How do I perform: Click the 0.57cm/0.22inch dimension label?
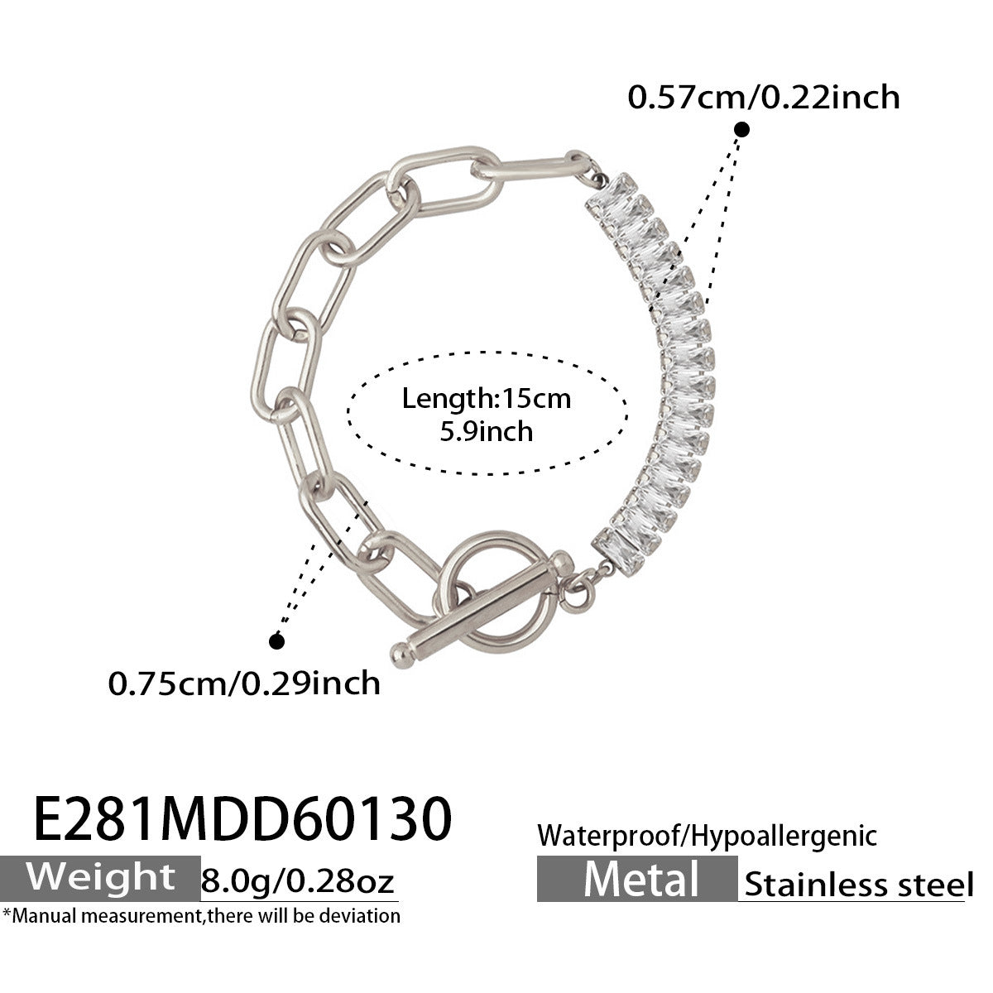pos(763,97)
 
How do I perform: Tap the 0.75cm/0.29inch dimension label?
pos(245,683)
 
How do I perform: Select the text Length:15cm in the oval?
pos(487,399)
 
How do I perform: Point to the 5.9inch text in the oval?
pos(487,431)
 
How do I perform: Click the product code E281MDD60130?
pos(243,818)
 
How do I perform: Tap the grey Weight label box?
pos(101,877)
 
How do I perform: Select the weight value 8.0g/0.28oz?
pos(299,881)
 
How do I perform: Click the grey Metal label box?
pos(636,878)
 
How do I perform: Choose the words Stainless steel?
pos(858,884)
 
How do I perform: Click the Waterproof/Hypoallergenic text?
pos(707,836)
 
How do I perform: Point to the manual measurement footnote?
pos(202,915)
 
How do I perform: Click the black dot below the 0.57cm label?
pos(742,129)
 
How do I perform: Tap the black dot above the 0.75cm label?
pos(277,640)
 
